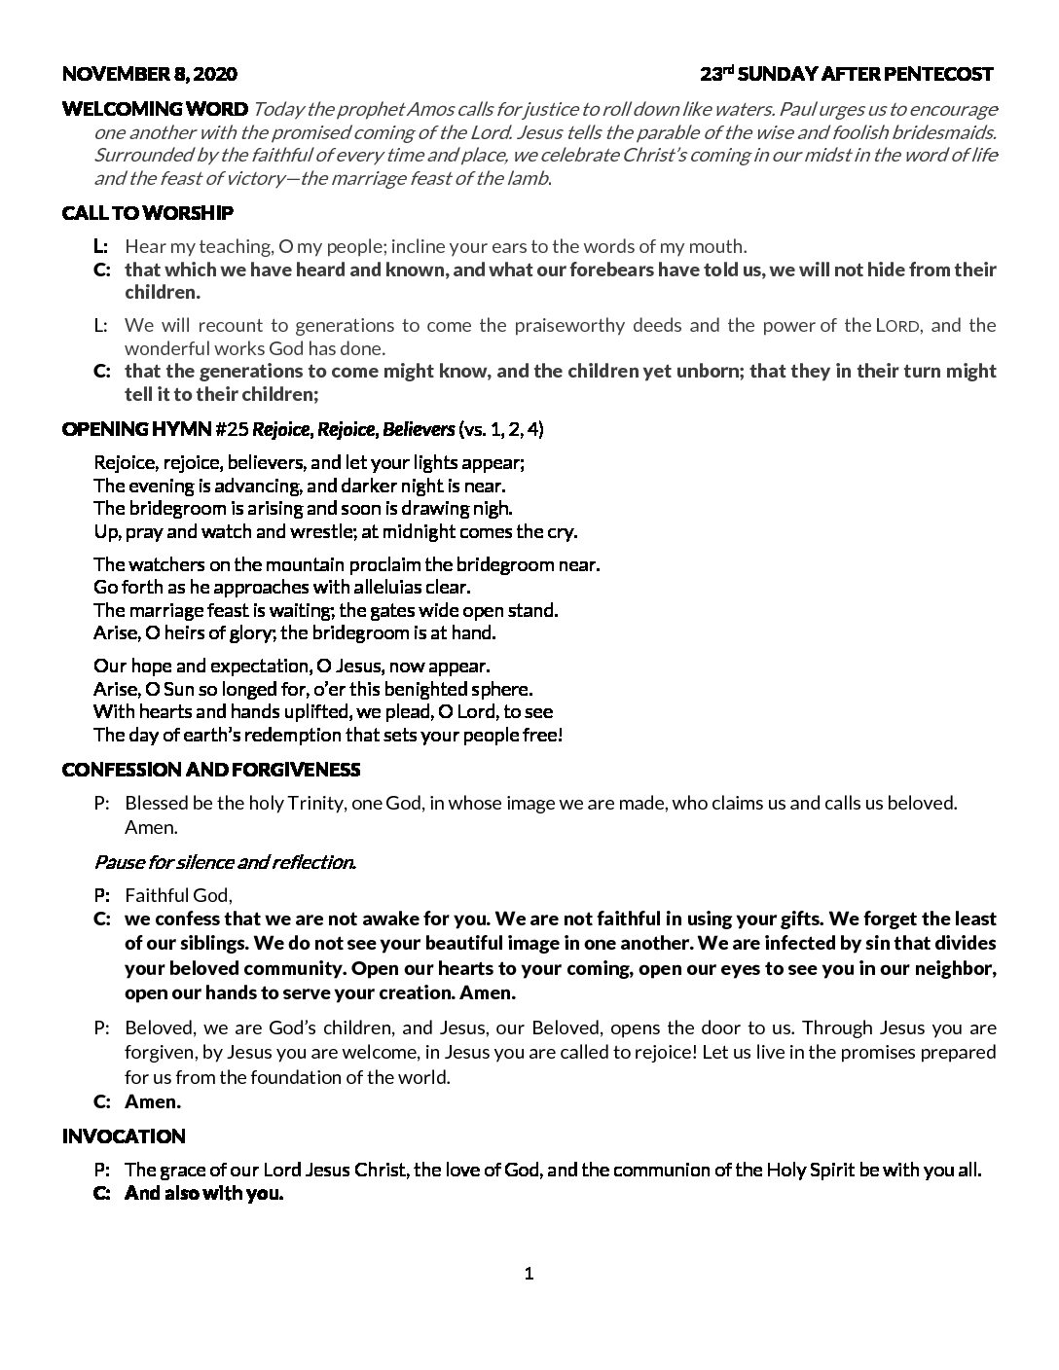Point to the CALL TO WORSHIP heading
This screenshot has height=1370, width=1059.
[147, 213]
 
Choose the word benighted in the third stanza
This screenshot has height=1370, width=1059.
[437, 690]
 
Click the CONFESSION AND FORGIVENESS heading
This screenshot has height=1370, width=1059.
[211, 771]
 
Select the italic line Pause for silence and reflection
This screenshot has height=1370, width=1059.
[225, 862]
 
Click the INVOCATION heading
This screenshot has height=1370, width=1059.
[124, 1136]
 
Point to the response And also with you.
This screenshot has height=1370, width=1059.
[203, 1194]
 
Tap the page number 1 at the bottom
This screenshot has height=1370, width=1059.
[529, 1275]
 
